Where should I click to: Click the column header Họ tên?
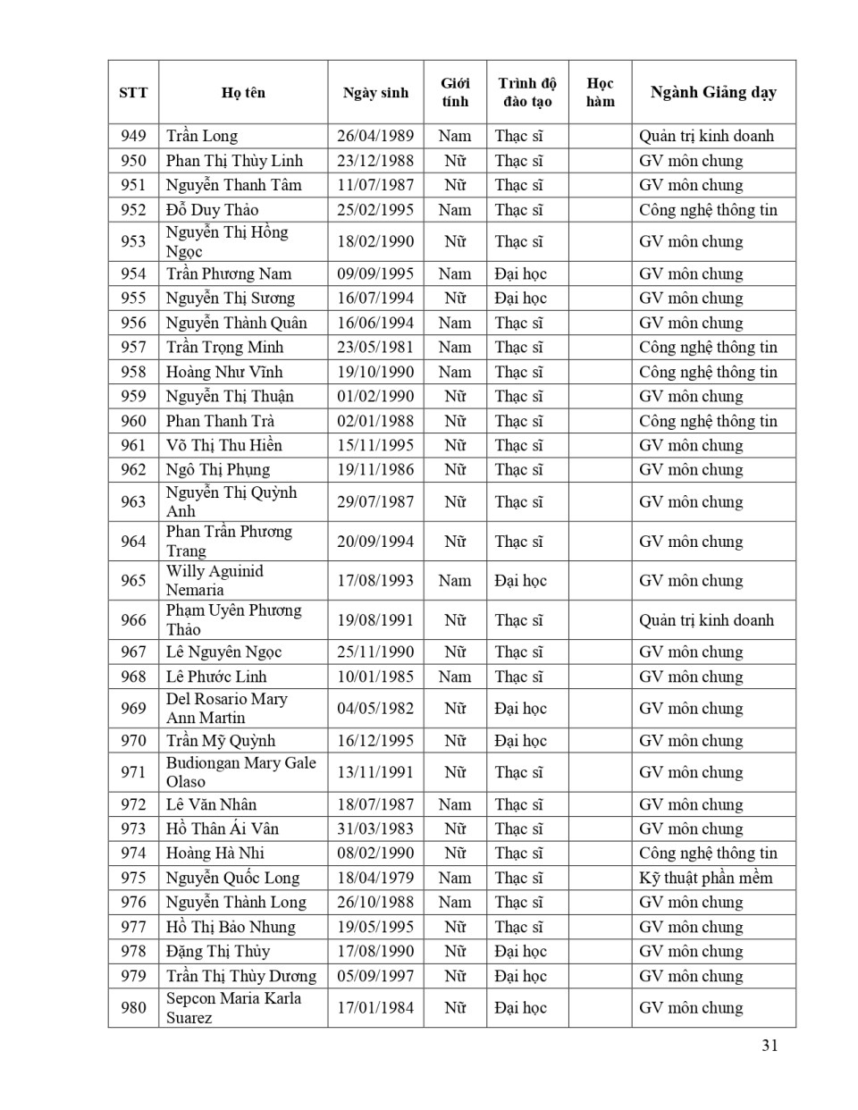[243, 92]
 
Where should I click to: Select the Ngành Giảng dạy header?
[713, 92]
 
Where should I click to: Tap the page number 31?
[770, 1045]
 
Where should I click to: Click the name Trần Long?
[202, 136]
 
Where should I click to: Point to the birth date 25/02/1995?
[375, 210]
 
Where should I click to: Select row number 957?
[133, 348]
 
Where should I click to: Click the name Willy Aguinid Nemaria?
[214, 580]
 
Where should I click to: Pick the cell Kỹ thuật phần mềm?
[705, 878]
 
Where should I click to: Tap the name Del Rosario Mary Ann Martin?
[226, 708]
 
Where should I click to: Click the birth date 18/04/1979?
[375, 878]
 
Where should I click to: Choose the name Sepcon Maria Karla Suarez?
[233, 1007]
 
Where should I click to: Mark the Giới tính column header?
[455, 92]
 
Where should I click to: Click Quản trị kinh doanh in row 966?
[706, 620]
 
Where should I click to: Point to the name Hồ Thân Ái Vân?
[223, 828]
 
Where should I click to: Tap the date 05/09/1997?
[375, 976]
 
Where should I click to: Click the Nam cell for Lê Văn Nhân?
[455, 804]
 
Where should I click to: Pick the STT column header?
[133, 92]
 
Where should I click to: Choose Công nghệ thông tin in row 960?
[708, 421]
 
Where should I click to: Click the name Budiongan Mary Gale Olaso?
[240, 772]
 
